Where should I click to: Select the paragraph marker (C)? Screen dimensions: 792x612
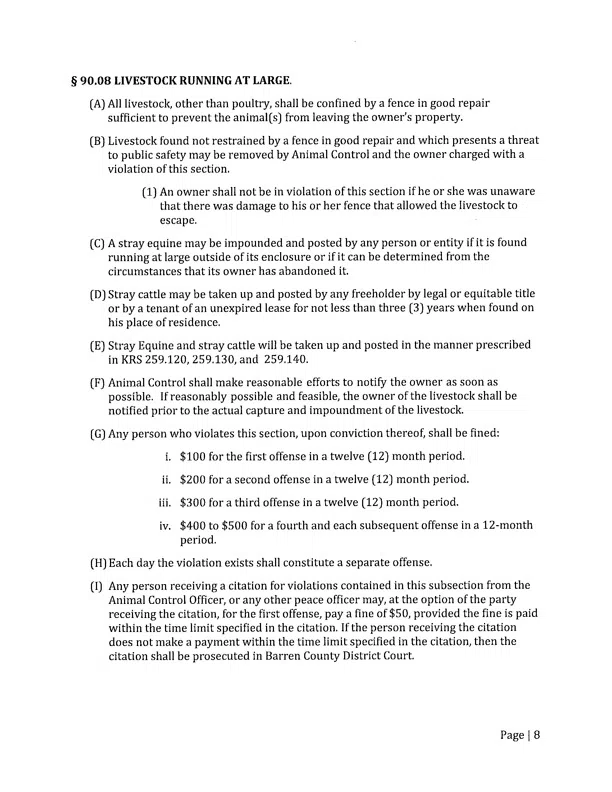(x=97, y=243)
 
